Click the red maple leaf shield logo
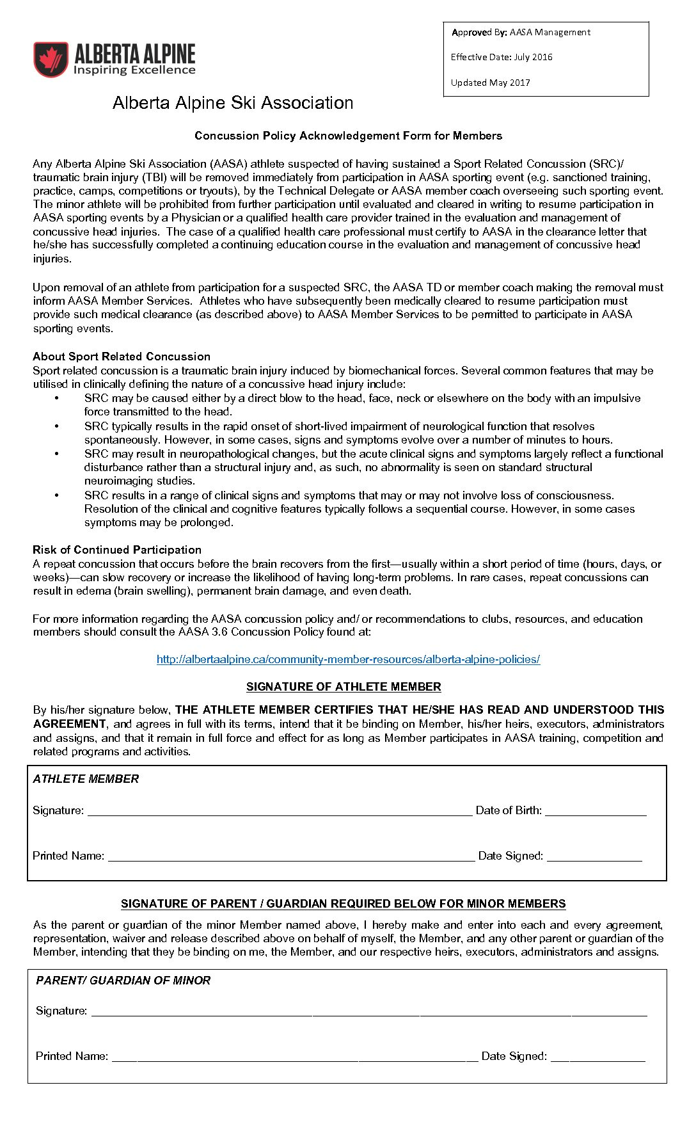click(51, 60)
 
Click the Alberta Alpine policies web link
click(348, 659)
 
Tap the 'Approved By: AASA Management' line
click(521, 33)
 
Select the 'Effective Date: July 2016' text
click(501, 57)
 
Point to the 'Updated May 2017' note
click(490, 83)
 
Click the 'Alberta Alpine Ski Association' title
click(233, 103)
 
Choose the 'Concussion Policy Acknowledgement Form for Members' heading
click(348, 136)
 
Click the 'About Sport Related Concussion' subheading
click(122, 357)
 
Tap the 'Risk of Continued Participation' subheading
click(117, 550)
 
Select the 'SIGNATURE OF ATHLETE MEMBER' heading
click(344, 687)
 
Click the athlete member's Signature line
click(280, 812)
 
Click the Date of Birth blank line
click(596, 812)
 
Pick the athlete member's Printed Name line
click(291, 857)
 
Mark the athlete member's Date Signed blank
click(594, 857)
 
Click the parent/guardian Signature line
click(369, 1012)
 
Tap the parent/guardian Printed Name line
click(295, 1057)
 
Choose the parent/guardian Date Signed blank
click(597, 1057)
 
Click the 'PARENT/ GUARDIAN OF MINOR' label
click(123, 981)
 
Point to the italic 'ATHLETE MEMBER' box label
click(86, 779)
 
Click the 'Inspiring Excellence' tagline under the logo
click(134, 70)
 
